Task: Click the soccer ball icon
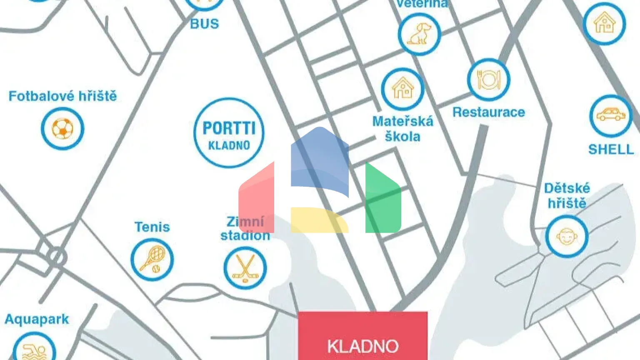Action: (62, 129)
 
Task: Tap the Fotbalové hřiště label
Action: (62, 96)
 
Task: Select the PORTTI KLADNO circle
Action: (229, 133)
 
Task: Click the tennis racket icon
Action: (152, 259)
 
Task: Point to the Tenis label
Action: (152, 227)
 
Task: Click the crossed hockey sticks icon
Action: (245, 268)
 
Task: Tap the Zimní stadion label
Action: (245, 228)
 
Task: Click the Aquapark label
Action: (37, 319)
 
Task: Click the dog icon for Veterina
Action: (419, 34)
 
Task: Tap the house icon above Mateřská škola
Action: (402, 89)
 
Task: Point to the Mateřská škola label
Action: (402, 129)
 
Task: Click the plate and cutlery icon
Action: (488, 80)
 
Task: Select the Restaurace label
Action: (488, 112)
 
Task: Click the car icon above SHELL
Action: (611, 115)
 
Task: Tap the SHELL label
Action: (611, 149)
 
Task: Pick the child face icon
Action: (567, 237)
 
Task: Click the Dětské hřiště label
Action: (567, 195)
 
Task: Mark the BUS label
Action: (204, 24)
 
